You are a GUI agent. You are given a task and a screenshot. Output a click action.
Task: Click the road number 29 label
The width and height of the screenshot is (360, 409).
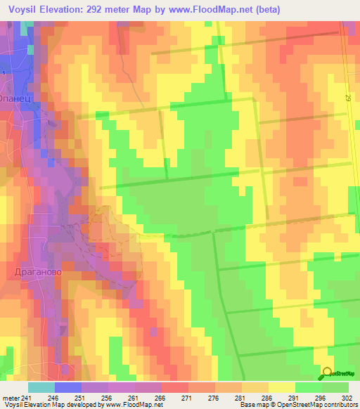[347, 103]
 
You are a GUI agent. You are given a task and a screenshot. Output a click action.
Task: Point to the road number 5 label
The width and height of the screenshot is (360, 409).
[3, 73]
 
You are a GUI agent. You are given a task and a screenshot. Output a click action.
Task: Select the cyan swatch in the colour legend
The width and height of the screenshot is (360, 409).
[41, 387]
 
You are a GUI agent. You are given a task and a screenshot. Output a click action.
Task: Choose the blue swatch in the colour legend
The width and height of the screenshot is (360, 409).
[68, 387]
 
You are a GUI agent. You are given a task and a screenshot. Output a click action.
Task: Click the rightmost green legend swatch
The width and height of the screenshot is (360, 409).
[335, 387]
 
